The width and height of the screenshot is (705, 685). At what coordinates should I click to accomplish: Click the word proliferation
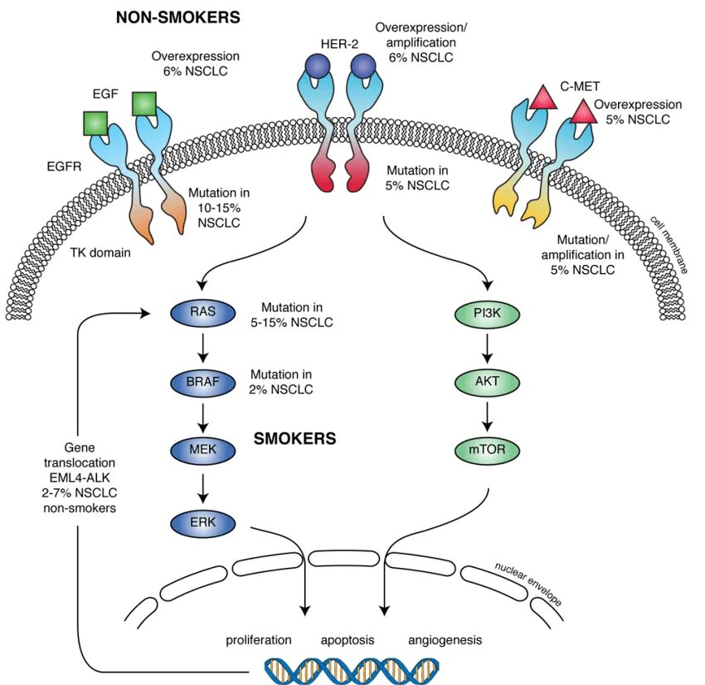click(259, 640)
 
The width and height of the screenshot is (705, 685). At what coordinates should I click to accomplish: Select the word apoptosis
click(348, 640)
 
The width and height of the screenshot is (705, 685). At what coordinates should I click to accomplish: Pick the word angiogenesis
click(445, 640)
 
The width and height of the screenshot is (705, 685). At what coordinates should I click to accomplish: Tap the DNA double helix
click(352, 669)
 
